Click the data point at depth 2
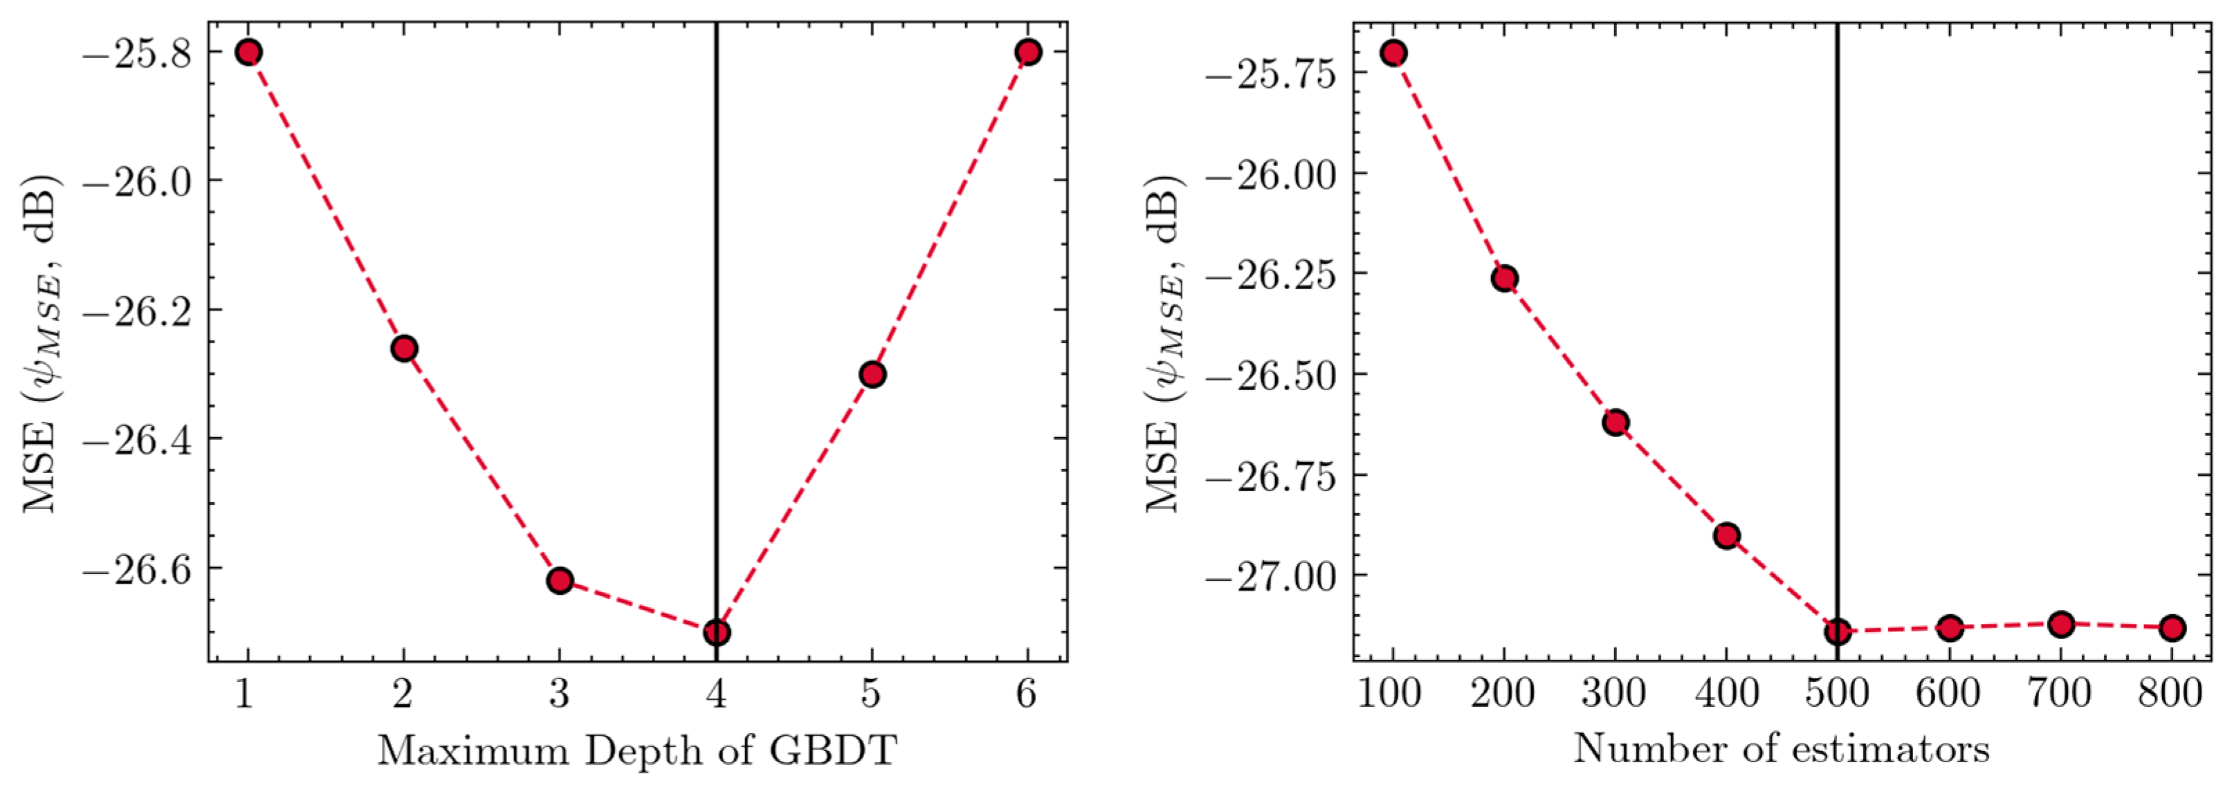click(404, 349)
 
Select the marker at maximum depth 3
click(560, 580)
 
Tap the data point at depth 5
click(872, 374)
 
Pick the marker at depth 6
click(1027, 52)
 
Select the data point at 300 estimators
click(1615, 423)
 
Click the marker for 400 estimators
click(1726, 535)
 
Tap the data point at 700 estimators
click(2060, 624)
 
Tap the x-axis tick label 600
click(1948, 694)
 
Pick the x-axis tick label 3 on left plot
click(560, 694)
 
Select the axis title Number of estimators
click(1782, 748)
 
